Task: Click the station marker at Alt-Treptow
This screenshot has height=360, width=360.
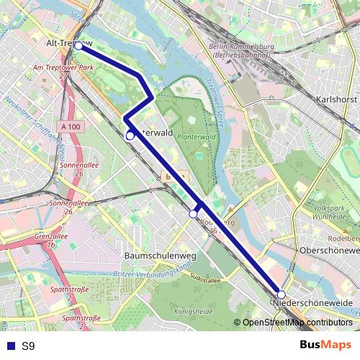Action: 78,46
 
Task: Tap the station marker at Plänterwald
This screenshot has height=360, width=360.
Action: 130,135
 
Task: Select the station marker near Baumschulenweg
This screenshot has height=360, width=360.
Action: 193,214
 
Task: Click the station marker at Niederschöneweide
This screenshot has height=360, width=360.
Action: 282,294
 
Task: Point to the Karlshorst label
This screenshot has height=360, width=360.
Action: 337,99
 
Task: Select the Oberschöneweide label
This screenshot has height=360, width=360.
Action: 329,250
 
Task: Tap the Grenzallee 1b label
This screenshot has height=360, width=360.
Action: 50,240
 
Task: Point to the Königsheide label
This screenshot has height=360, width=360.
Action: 194,311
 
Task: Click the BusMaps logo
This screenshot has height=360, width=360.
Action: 325,345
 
